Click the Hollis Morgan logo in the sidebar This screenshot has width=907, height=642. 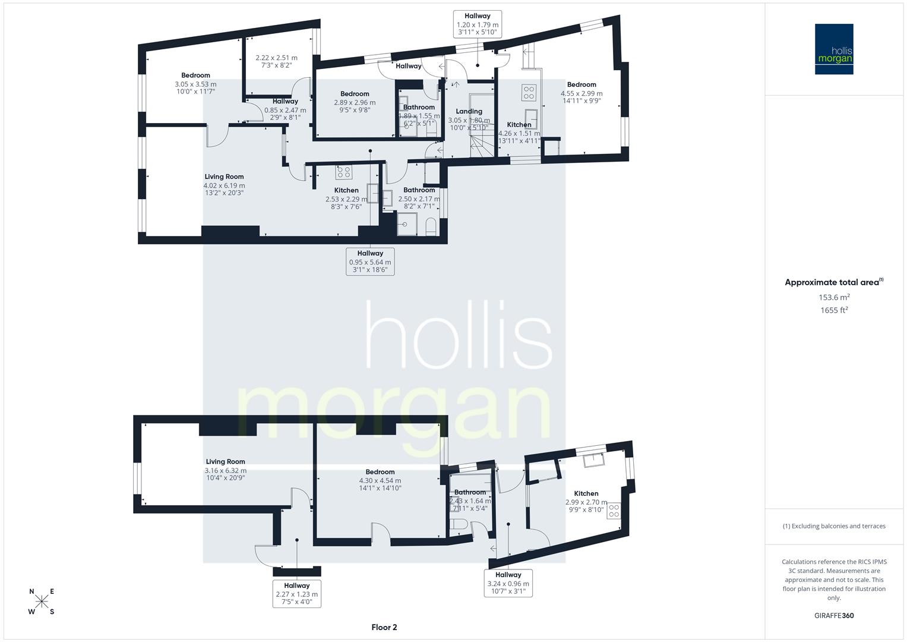click(833, 49)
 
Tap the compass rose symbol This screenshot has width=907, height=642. click(42, 602)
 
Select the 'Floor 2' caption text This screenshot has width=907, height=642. click(384, 627)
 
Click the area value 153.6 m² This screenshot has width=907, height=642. click(833, 297)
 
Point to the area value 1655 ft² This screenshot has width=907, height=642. click(833, 310)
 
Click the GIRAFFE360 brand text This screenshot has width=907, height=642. click(833, 615)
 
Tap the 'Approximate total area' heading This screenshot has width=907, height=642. click(833, 282)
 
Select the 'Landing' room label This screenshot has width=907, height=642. click(469, 111)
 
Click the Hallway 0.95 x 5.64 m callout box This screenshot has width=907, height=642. click(370, 262)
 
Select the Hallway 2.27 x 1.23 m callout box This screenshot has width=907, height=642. click(296, 594)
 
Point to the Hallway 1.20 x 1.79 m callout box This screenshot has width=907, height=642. click(478, 25)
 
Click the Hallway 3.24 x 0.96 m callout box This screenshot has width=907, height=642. click(508, 583)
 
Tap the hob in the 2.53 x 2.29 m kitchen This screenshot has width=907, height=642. click(343, 172)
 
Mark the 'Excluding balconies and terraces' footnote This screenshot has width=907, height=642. click(833, 526)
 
